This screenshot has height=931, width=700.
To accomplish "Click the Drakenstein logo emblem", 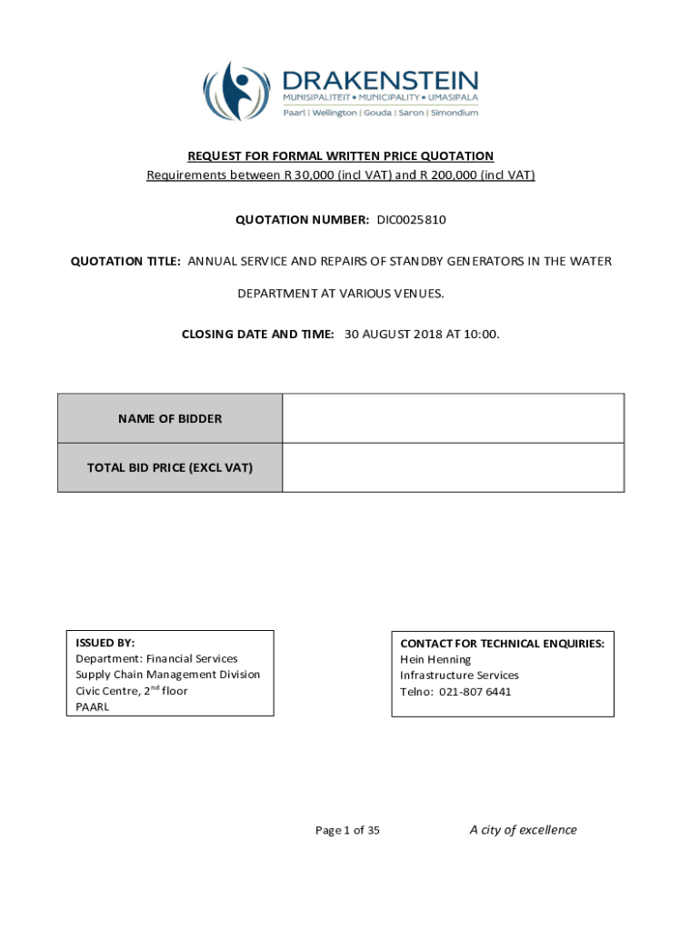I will (238, 91).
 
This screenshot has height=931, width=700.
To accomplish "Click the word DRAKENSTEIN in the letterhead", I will (380, 79).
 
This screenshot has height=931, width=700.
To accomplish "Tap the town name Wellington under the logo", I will (334, 112).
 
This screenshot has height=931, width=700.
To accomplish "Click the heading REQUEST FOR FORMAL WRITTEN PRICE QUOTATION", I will (341, 156).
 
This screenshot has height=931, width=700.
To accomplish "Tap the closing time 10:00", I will (483, 335).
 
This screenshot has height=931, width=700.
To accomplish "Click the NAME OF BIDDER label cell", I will (170, 419).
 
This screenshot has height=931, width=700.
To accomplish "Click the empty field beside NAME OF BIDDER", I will (453, 419).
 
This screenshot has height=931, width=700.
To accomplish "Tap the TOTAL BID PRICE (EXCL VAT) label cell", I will (170, 468).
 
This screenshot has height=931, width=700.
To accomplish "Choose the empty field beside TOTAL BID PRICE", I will (453, 468).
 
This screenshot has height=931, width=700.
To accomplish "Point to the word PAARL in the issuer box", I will (93, 707).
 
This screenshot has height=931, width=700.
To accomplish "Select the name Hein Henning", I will (435, 659).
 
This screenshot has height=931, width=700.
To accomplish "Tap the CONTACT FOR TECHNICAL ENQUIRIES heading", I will (502, 644).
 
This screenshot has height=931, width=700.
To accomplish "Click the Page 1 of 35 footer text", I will (347, 830).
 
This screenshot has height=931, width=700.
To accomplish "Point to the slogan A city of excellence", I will (523, 829).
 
